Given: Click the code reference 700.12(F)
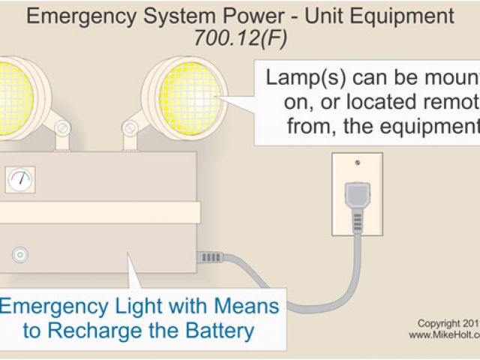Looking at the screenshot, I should pyautogui.click(x=239, y=40).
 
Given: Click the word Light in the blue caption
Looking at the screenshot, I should pyautogui.click(x=146, y=306).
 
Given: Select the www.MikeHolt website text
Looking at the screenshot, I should pyautogui.click(x=443, y=335).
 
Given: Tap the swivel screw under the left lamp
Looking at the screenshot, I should pyautogui.click(x=62, y=129).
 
